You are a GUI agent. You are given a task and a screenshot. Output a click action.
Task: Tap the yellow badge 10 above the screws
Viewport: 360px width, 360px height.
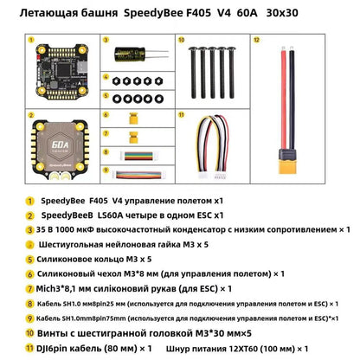(182, 39)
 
